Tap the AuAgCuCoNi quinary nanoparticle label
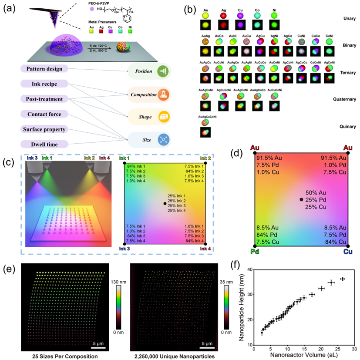coord(207,117)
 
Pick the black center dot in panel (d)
coord(301,199)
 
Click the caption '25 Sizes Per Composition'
coord(64,356)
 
